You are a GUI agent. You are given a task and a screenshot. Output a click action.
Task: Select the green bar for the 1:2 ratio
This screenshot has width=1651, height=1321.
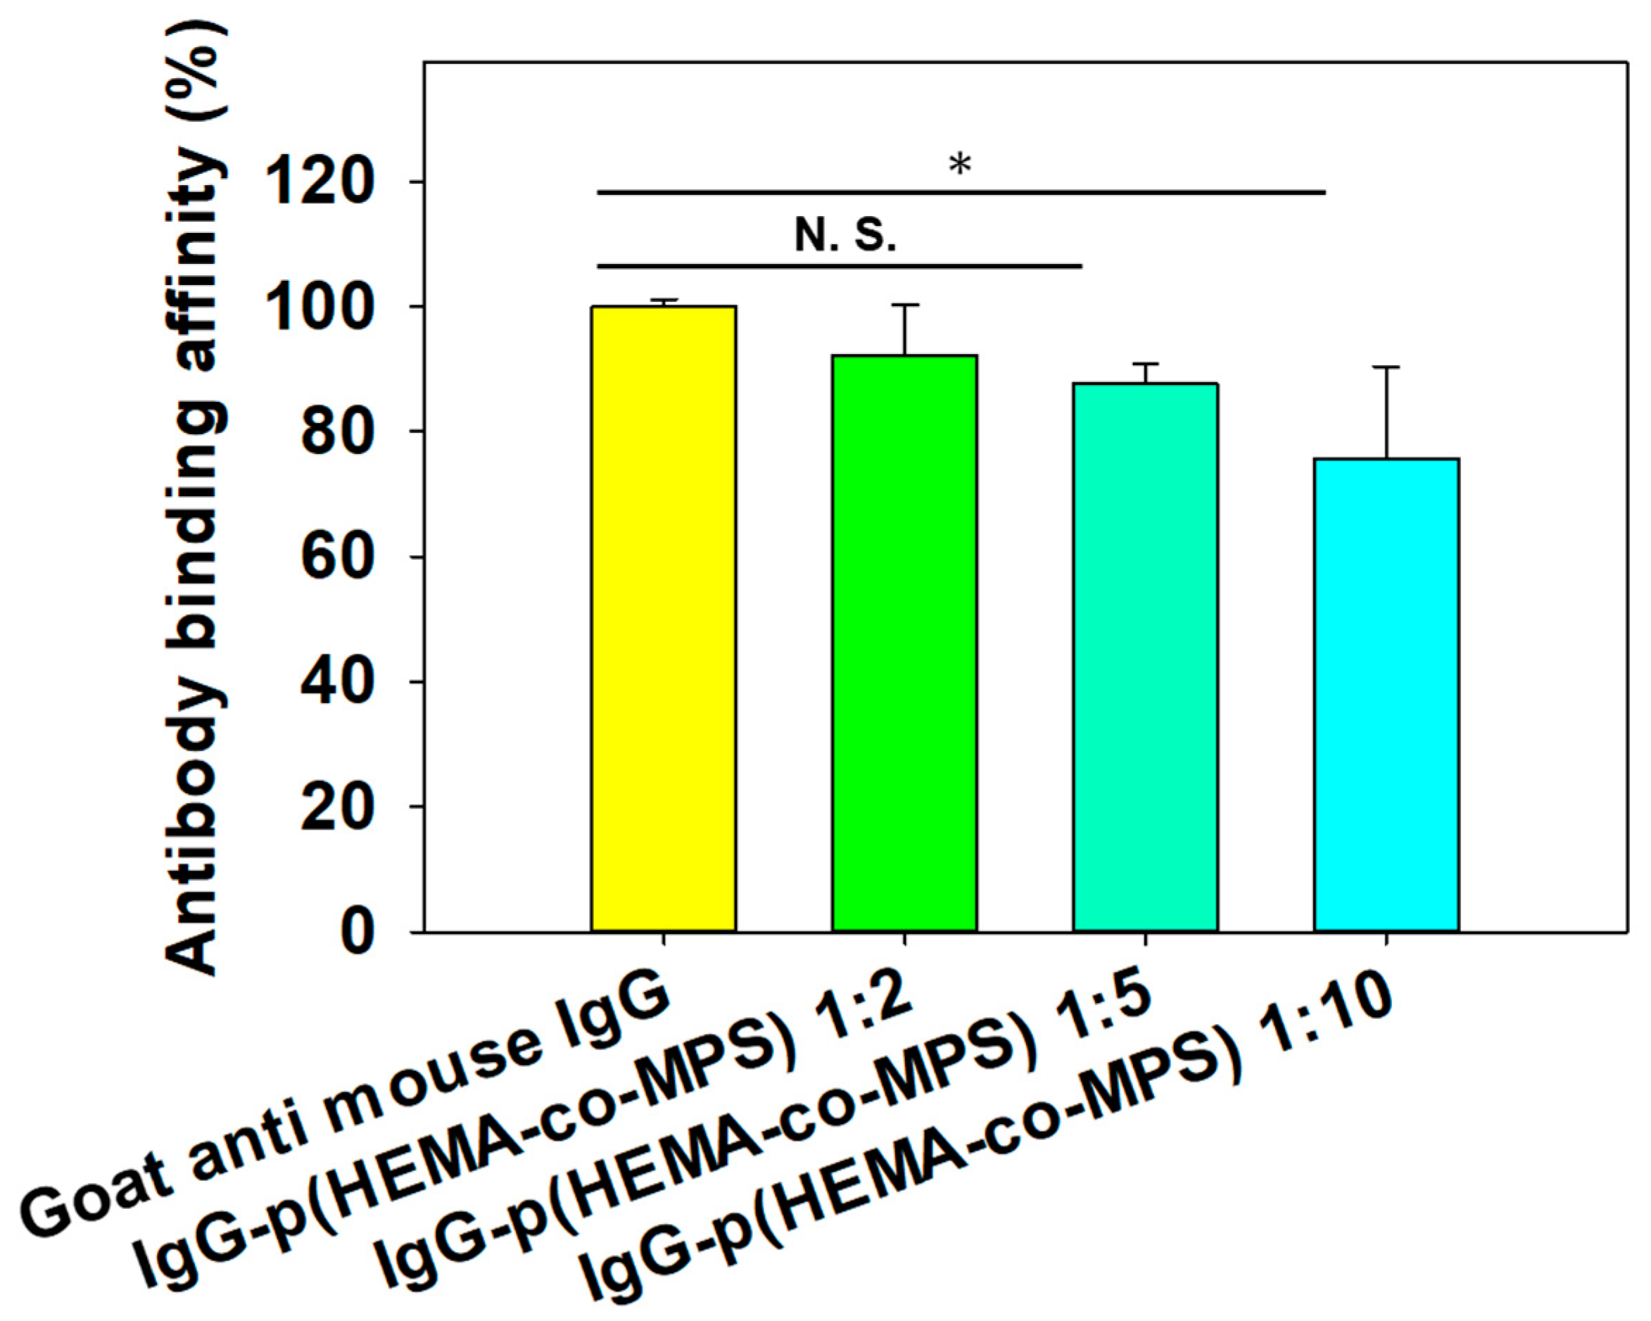pyautogui.click(x=904, y=643)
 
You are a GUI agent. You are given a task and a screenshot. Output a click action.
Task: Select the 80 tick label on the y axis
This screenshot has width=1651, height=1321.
pyautogui.click(x=337, y=433)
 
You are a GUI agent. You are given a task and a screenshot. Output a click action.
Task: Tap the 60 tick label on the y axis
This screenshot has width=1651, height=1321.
pyautogui.click(x=337, y=557)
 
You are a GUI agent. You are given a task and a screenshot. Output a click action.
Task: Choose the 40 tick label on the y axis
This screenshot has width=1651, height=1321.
pyautogui.click(x=337, y=683)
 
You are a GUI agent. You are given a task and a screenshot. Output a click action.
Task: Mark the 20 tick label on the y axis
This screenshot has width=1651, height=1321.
pyautogui.click(x=337, y=807)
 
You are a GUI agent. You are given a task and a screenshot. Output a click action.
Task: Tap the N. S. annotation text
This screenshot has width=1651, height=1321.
pyautogui.click(x=845, y=235)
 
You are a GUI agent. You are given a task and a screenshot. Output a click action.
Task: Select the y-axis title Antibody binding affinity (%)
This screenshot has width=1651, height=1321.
pyautogui.click(x=195, y=498)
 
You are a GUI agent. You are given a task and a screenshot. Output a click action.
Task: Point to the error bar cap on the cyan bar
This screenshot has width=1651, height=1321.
pyautogui.click(x=1386, y=367)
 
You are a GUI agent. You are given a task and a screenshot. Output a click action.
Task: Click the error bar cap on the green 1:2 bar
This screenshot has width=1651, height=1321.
pyautogui.click(x=904, y=305)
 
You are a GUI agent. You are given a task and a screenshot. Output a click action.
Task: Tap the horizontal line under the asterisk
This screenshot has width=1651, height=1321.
pyautogui.click(x=961, y=192)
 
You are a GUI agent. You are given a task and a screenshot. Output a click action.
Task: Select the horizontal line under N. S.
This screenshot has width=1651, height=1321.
pyautogui.click(x=840, y=267)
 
